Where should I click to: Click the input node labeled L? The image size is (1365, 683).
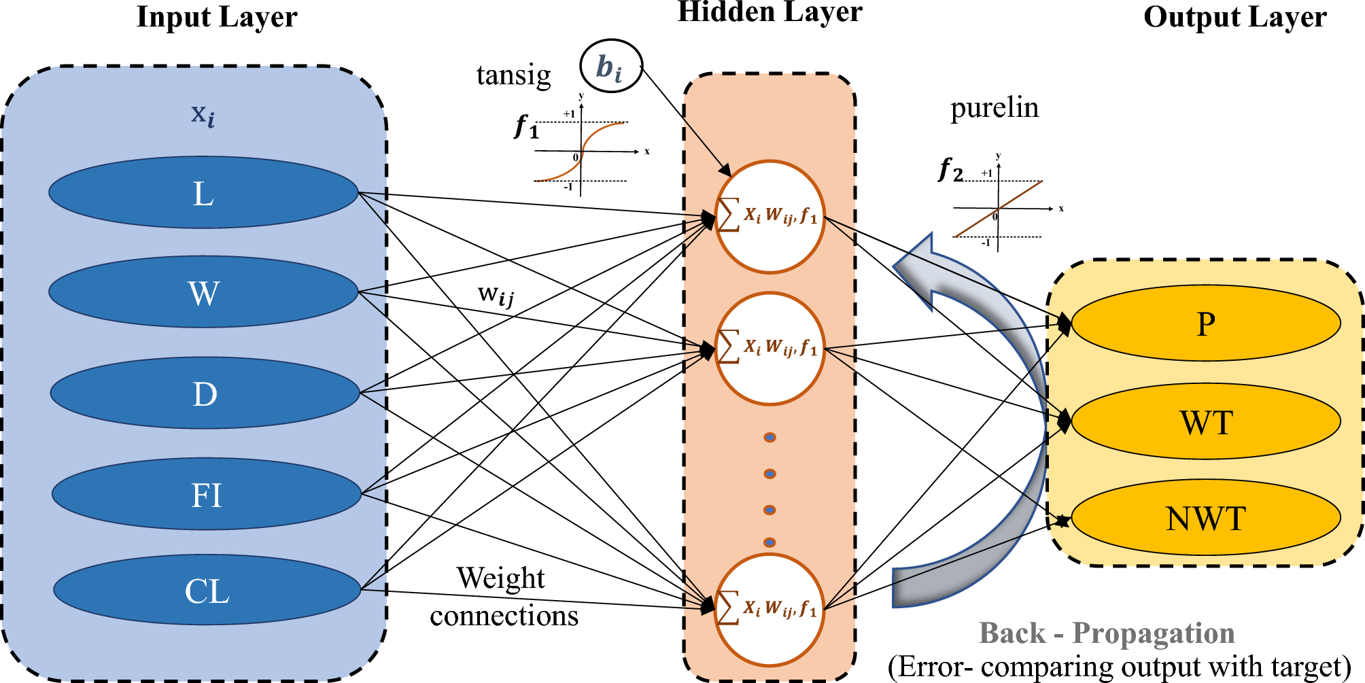[203, 193]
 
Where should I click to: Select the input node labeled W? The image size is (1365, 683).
[203, 292]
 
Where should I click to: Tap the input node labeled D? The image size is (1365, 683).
[205, 393]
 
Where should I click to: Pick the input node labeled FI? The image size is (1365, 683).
[206, 494]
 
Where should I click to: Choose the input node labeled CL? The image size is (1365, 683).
[207, 590]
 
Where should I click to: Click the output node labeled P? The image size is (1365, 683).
[1205, 323]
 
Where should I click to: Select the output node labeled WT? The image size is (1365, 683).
[1205, 422]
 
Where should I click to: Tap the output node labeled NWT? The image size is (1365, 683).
[1205, 518]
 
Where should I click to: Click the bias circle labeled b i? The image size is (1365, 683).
[610, 67]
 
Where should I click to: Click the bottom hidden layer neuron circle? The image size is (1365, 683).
[770, 610]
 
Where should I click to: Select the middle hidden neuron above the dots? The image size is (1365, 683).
[770, 349]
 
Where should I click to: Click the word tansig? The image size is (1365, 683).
[513, 75]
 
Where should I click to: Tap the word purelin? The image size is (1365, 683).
[994, 107]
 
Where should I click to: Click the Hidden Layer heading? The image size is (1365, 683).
[770, 12]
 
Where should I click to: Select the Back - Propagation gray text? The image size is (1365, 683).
[1106, 633]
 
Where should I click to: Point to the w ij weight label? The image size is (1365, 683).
[496, 295]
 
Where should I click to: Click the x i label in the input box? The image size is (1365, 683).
[203, 114]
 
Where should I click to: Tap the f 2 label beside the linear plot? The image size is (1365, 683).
[950, 169]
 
